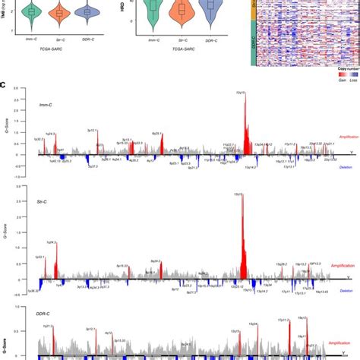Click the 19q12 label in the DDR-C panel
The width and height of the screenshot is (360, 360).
pos(302,317)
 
